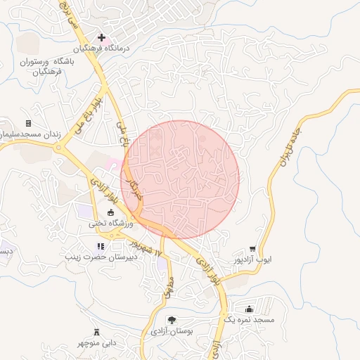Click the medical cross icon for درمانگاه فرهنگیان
(102, 37)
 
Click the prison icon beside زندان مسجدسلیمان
(28, 123)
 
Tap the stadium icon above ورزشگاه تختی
(110, 212)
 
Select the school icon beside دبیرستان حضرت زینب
(101, 246)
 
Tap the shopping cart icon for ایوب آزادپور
(252, 249)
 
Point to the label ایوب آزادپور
(252, 260)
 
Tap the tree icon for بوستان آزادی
(172, 320)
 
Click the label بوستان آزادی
(172, 330)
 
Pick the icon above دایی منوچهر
(96, 332)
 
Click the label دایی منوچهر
(96, 342)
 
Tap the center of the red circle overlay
(181, 179)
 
